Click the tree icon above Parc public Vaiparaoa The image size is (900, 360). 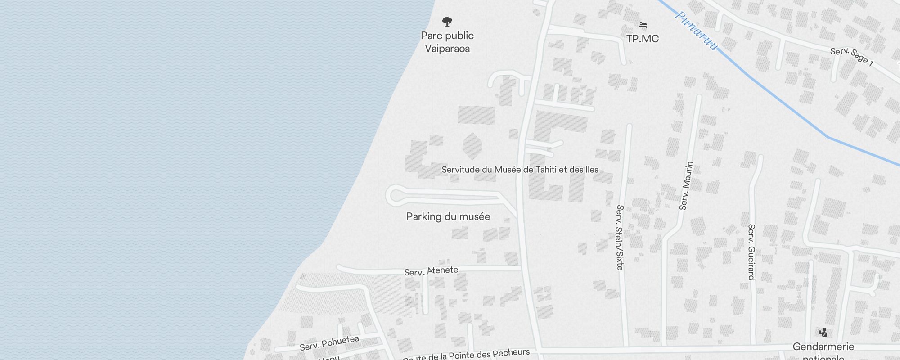pyautogui.click(x=447, y=21)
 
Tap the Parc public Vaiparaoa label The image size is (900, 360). pyautogui.click(x=447, y=42)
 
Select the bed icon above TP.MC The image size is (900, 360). pyautogui.click(x=643, y=25)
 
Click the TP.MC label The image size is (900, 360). pyautogui.click(x=643, y=39)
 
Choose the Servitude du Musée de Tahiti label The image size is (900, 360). pyautogui.click(x=520, y=170)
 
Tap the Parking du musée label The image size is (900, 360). pyautogui.click(x=448, y=216)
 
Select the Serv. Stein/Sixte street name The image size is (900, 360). pyautogui.click(x=620, y=237)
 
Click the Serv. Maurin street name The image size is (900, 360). pyautogui.click(x=686, y=186)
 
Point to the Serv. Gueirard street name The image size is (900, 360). pyautogui.click(x=751, y=252)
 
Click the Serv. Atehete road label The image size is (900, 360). pyautogui.click(x=431, y=271)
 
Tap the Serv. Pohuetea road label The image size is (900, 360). pyautogui.click(x=329, y=343)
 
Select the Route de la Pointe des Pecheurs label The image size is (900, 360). pyautogui.click(x=466, y=355)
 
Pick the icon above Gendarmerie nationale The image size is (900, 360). pyautogui.click(x=823, y=333)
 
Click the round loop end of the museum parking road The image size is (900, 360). pyautogui.click(x=396, y=196)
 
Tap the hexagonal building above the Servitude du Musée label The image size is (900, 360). pyautogui.click(x=472, y=146)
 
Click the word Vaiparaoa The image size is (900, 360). pyautogui.click(x=447, y=49)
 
